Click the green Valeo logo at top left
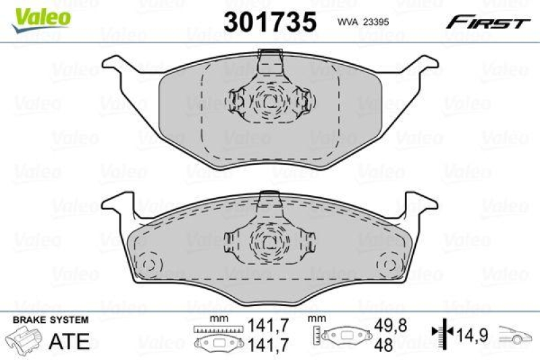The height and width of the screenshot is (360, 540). click(x=40, y=15)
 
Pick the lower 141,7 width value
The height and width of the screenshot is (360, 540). click(x=265, y=344)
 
